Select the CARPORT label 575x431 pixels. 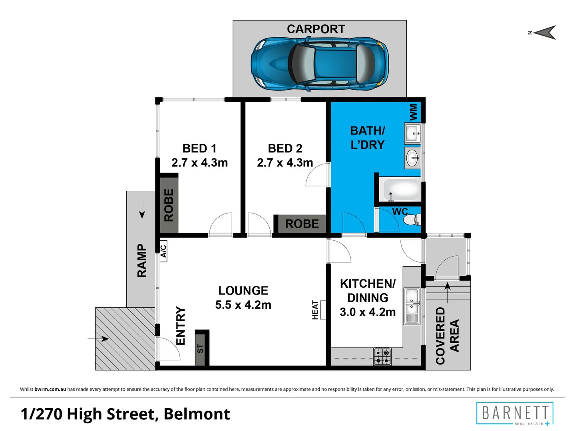(316, 29)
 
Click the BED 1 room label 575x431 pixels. (199, 148)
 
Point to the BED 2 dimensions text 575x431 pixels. (285, 163)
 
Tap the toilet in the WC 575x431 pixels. (412, 219)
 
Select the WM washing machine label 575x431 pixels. (413, 112)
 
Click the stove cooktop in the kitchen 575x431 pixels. (382, 356)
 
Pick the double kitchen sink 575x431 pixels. (412, 306)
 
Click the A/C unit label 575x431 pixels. (163, 251)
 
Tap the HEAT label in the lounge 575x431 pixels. (315, 310)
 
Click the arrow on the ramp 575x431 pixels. (142, 208)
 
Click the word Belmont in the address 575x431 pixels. (197, 414)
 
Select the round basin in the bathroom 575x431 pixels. (412, 158)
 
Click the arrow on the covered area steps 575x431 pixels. (448, 293)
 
